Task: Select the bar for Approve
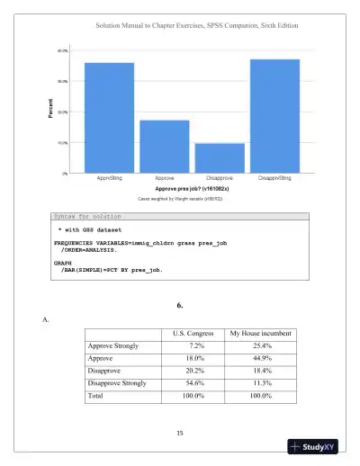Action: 164,146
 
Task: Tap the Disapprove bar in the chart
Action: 220,157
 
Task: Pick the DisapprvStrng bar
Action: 274,115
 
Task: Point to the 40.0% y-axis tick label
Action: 62,51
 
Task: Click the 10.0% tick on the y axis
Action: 62,142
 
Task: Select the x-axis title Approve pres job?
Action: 192,189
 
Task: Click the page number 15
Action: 180,434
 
